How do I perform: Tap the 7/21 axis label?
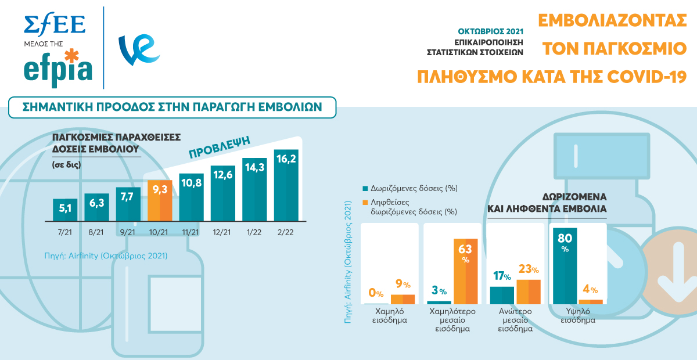click(64, 232)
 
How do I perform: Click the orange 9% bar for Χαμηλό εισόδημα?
click(403, 299)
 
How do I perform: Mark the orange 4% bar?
click(591, 301)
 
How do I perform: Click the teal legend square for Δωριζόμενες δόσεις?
click(365, 189)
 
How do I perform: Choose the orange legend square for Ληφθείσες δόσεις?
click(365, 203)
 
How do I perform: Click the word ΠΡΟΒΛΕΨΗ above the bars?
click(218, 147)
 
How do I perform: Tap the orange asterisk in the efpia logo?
click(71, 57)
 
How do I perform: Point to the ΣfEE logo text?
click(55, 24)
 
